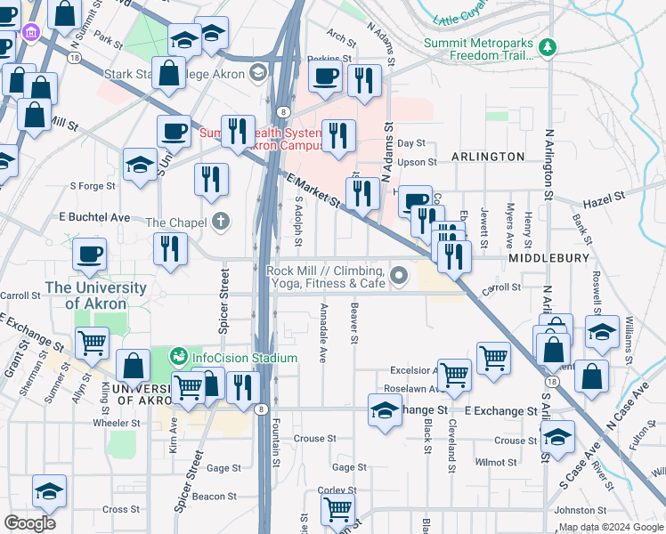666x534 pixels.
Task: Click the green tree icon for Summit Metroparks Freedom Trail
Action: point(550,45)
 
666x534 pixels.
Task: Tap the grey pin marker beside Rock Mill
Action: point(400,277)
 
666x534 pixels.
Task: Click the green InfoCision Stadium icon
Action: point(179,357)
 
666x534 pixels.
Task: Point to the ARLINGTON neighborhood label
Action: point(488,157)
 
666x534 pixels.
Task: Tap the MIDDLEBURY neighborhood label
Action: point(548,258)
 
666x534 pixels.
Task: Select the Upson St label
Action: point(417,162)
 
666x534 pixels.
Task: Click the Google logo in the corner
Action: point(29,523)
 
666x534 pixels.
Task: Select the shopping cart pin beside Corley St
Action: point(338,509)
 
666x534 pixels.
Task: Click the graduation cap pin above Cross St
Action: point(49,489)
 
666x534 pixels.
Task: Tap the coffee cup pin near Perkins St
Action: point(326,77)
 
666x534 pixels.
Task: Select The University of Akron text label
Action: point(95,295)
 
